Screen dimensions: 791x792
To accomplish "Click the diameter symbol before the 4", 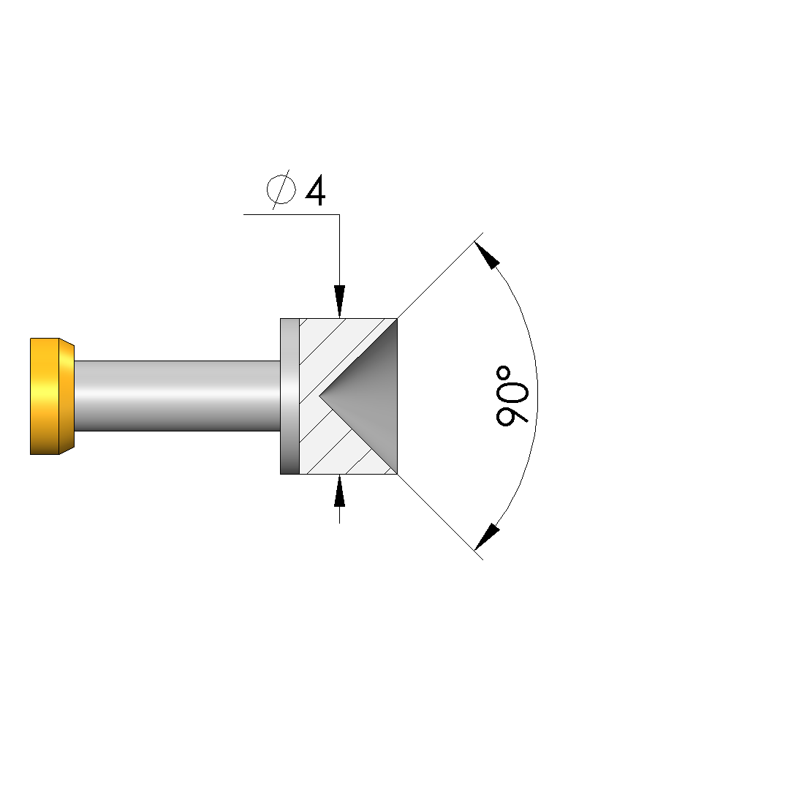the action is [x=281, y=189].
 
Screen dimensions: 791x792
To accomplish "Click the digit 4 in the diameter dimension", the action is [x=316, y=191].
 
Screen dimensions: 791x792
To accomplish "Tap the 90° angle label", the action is [x=512, y=396].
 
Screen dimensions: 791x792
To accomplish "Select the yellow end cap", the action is [x=52, y=396].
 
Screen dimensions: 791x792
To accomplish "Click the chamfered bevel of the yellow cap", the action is [x=67, y=396].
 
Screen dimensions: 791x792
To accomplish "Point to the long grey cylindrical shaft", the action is [x=177, y=396].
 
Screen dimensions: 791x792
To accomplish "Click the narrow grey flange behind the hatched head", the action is [x=289, y=396].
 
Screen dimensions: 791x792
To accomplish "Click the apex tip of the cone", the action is [x=319, y=396].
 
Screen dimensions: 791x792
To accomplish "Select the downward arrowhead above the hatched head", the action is [x=340, y=301].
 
